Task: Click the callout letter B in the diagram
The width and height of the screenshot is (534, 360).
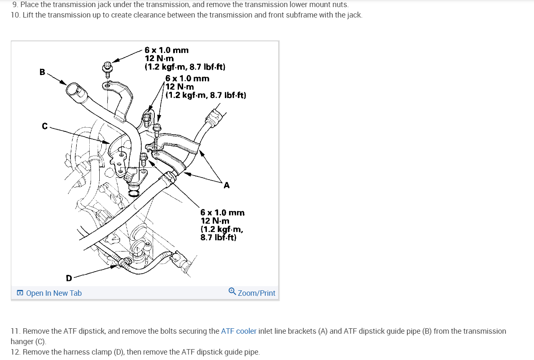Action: [42, 72]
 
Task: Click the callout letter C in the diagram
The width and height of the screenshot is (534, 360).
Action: [45, 126]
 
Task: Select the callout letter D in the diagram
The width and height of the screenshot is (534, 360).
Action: [69, 278]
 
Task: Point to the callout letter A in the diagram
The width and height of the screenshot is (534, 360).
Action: [227, 185]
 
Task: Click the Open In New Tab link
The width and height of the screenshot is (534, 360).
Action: [54, 293]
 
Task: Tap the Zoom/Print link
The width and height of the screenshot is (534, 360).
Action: [256, 293]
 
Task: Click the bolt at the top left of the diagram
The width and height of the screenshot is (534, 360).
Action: [107, 68]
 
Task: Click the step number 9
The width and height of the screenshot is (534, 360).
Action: [15, 5]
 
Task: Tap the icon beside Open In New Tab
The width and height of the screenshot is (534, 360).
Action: [20, 293]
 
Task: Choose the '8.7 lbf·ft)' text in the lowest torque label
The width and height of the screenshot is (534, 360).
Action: [218, 238]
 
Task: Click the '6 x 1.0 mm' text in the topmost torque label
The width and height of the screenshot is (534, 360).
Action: [166, 50]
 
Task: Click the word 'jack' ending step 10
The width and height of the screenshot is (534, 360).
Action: [354, 15]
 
